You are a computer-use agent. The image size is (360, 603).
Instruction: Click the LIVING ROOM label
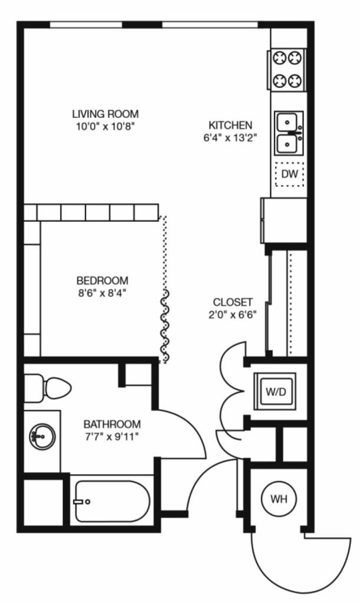click(x=105, y=114)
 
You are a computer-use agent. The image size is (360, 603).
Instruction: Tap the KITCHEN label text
click(x=230, y=126)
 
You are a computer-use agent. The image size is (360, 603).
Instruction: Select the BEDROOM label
click(x=102, y=281)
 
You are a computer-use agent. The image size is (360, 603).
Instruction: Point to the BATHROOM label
click(x=112, y=424)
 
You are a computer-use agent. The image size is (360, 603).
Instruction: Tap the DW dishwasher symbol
click(x=289, y=174)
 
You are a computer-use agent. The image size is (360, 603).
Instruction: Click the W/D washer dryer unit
click(x=276, y=392)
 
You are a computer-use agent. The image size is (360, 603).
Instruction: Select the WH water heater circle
click(x=279, y=499)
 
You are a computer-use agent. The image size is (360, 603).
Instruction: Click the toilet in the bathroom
click(x=48, y=388)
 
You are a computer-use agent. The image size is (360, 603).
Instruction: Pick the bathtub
click(x=112, y=502)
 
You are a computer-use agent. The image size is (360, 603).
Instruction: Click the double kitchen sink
click(x=289, y=133)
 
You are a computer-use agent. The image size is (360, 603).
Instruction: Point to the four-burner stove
click(x=287, y=70)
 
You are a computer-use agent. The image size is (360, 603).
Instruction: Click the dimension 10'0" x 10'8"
click(x=105, y=126)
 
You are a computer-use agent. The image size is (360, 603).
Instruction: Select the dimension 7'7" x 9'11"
click(x=111, y=437)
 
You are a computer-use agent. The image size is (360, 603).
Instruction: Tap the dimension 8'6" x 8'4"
click(x=102, y=293)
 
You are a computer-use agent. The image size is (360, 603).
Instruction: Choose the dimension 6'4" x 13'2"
click(x=230, y=138)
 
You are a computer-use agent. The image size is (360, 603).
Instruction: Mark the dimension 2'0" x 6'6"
click(x=233, y=315)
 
